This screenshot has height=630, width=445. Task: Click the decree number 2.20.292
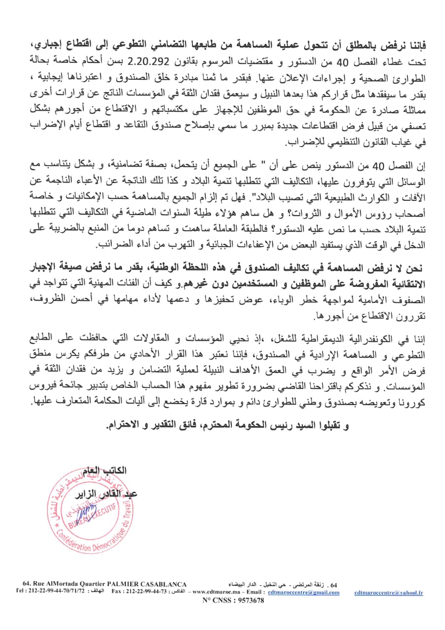point(187,60)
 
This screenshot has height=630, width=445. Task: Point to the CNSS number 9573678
point(247,600)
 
